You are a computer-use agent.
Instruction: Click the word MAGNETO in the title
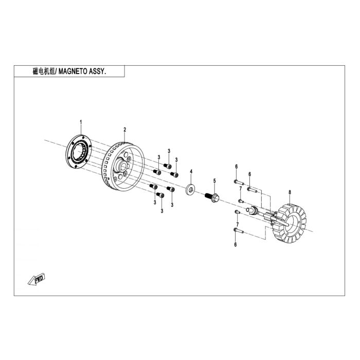tap(73, 71)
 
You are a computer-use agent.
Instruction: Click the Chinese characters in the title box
tap(44, 71)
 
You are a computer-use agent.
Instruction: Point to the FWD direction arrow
tap(37, 279)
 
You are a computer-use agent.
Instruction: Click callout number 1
tap(81, 122)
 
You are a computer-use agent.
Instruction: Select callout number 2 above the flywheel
tap(124, 130)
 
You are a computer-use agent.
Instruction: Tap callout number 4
tap(191, 171)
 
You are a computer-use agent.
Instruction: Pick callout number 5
tap(214, 181)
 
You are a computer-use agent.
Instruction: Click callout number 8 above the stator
tap(290, 192)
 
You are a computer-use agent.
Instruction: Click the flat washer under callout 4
tap(190, 189)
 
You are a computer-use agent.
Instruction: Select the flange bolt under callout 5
tap(212, 197)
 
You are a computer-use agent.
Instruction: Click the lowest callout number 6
tap(236, 245)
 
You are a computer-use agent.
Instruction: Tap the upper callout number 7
tap(241, 189)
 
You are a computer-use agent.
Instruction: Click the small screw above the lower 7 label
tap(237, 212)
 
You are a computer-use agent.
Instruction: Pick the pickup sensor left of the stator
tap(251, 210)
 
